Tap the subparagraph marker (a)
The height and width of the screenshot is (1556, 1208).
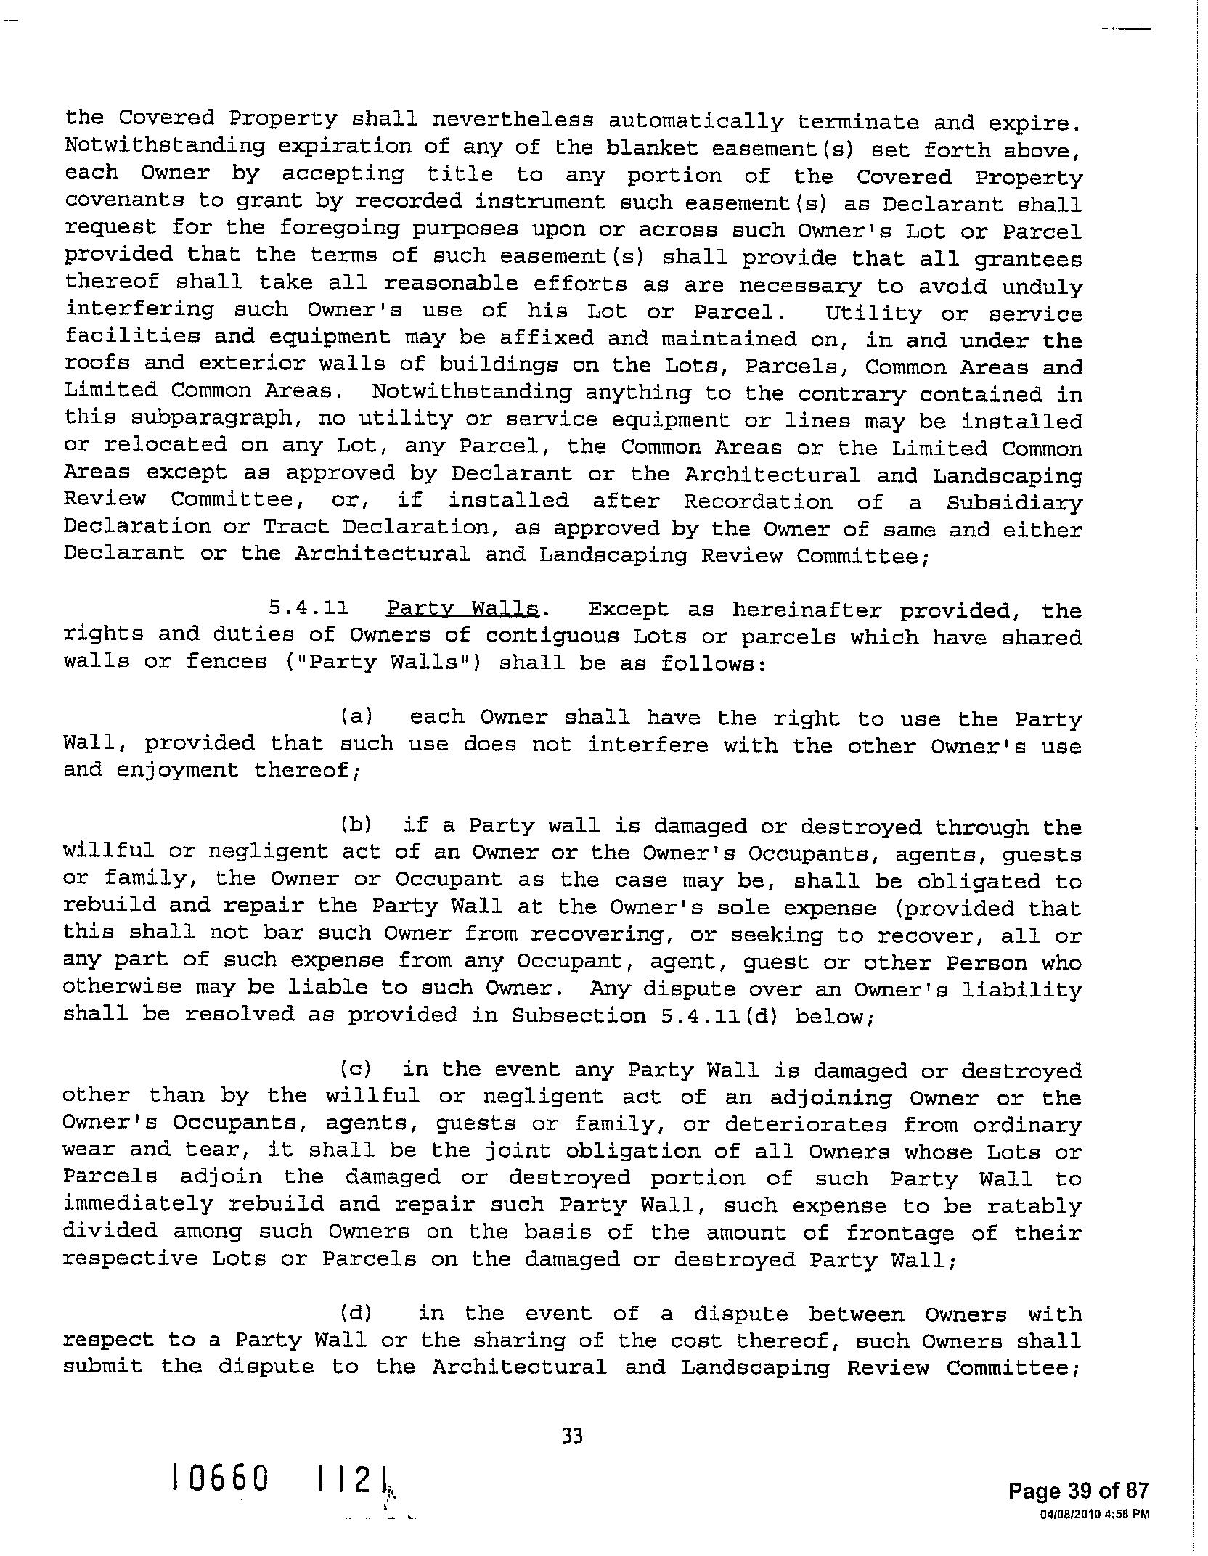coord(356,717)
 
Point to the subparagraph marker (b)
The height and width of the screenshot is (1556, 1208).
coord(356,824)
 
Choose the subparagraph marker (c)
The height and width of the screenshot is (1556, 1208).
coord(356,1069)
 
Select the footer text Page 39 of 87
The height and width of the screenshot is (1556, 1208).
coord(1078,1491)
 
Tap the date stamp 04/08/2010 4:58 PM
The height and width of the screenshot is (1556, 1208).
coord(1094,1515)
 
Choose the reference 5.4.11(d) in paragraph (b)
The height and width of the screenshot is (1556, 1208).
coord(719,1015)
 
